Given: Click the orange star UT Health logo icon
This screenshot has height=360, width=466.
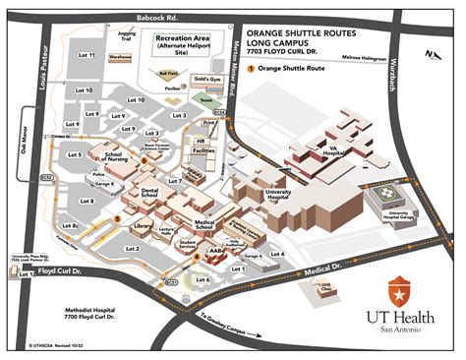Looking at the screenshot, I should [x=399, y=289].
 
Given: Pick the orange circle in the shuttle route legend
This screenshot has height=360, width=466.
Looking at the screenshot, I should [x=252, y=69].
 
